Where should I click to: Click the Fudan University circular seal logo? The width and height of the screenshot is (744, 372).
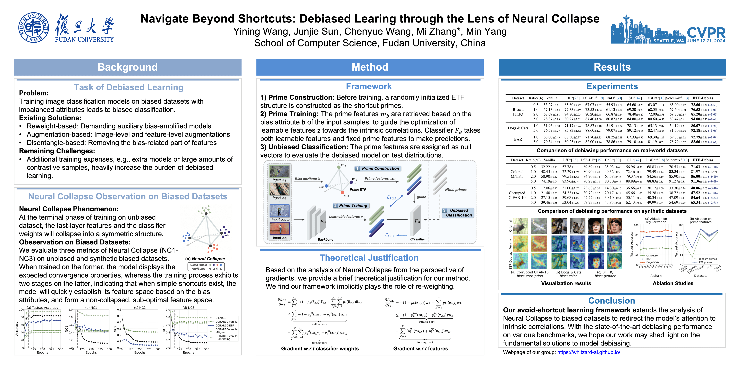(x=34, y=28)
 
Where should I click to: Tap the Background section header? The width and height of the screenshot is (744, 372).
(x=128, y=67)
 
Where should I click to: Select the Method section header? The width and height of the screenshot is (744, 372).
(x=370, y=67)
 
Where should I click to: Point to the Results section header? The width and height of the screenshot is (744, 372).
(x=612, y=67)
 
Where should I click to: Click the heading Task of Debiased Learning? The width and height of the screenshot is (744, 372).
(x=128, y=87)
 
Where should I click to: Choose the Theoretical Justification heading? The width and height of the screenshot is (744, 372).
(x=369, y=258)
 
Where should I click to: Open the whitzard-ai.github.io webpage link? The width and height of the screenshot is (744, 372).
(x=589, y=352)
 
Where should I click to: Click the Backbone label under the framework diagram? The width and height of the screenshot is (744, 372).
(x=325, y=239)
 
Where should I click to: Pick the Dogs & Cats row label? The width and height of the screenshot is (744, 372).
(x=518, y=128)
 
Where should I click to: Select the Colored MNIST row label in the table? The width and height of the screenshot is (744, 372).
(x=517, y=174)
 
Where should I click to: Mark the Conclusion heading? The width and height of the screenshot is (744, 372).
(x=611, y=301)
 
